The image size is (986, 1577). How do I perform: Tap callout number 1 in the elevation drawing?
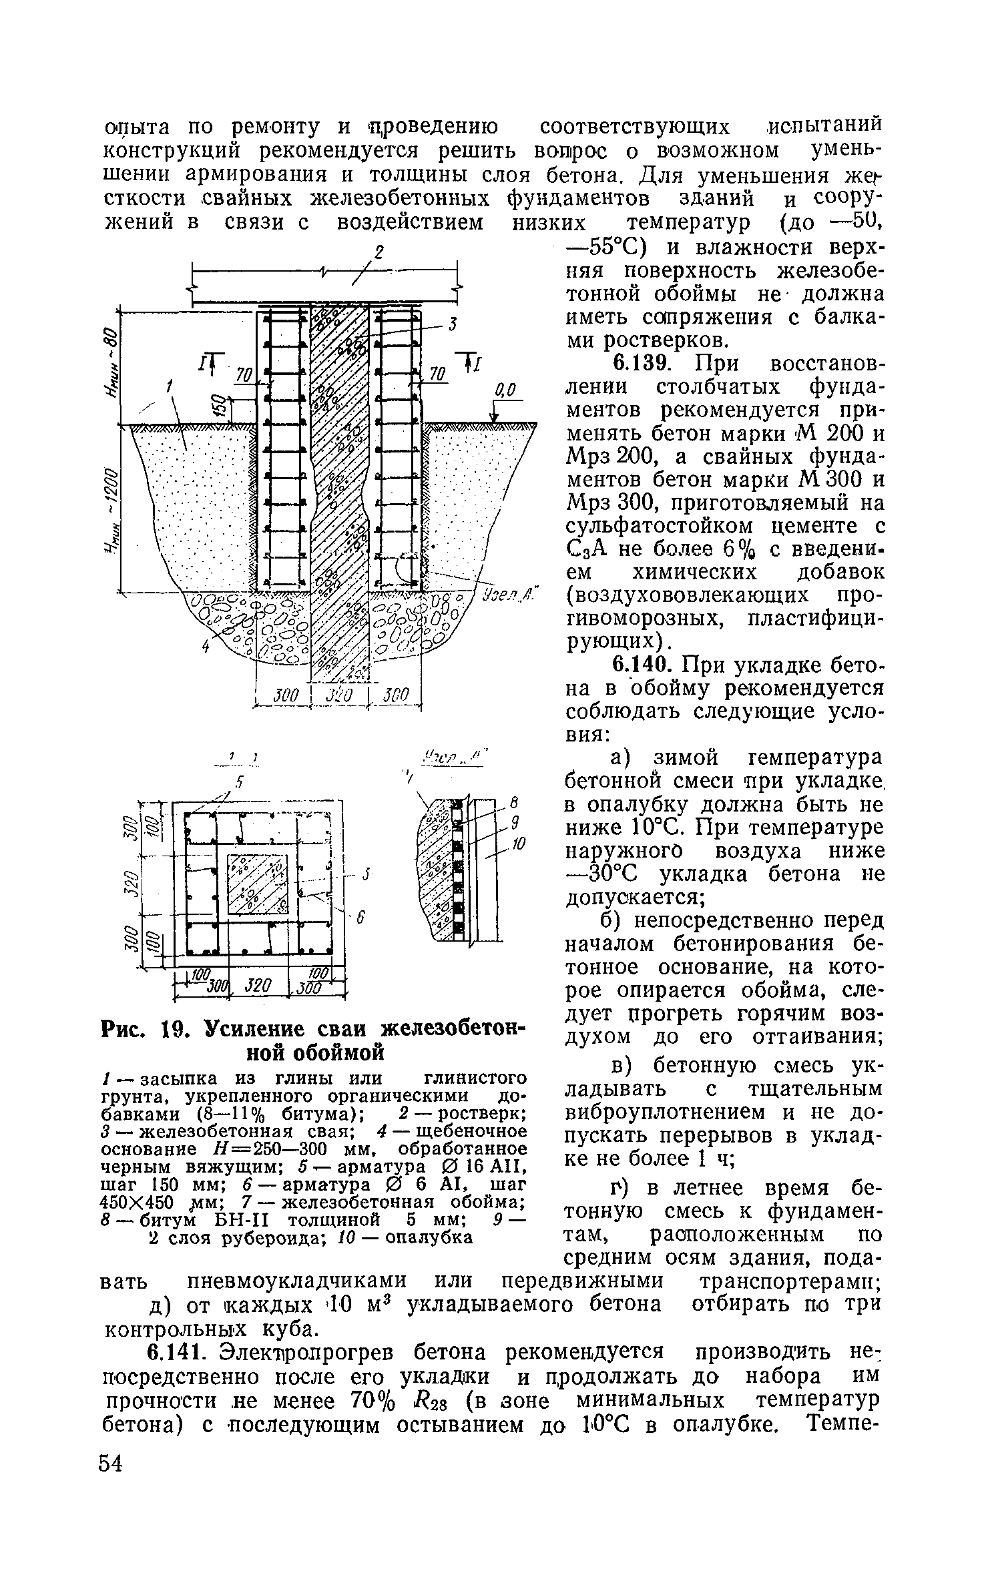coord(170,385)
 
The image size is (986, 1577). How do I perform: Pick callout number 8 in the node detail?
coord(514,824)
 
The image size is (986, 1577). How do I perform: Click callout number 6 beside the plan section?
coord(360,919)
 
